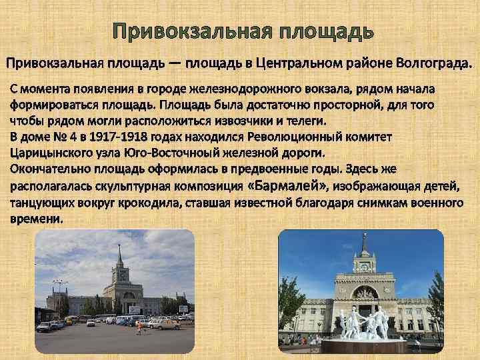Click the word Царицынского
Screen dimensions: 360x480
47,153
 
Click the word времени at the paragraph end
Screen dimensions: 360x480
33,218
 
